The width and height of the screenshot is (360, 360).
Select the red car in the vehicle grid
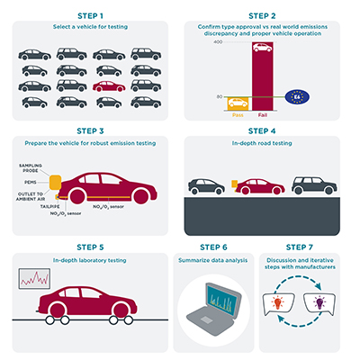(110, 86)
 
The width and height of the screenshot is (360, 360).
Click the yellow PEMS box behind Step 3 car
(55, 185)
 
